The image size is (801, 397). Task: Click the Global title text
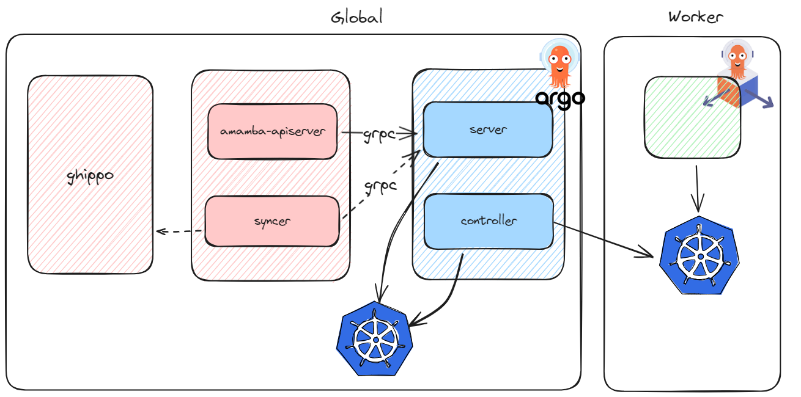click(x=356, y=17)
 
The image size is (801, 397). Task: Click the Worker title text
click(x=695, y=16)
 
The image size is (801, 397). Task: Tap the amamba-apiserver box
click(x=273, y=131)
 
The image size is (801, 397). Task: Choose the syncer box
click(x=272, y=221)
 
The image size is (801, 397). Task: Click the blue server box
click(x=488, y=129)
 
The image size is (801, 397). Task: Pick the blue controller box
click(x=489, y=221)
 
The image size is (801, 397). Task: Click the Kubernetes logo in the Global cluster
click(x=374, y=338)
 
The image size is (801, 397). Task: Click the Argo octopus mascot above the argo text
click(x=559, y=64)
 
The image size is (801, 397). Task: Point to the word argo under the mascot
click(x=559, y=98)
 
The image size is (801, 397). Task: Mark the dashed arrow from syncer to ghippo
click(x=179, y=231)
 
